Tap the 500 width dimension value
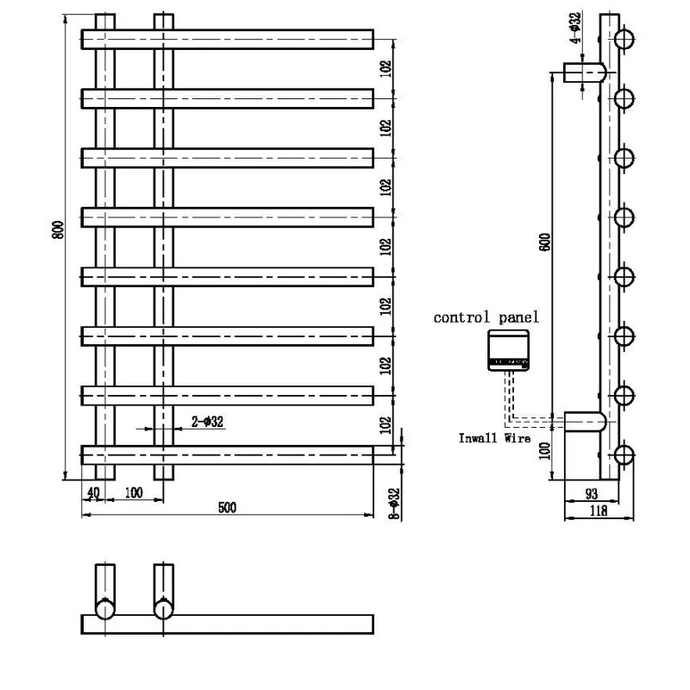227,507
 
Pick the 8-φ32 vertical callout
393,503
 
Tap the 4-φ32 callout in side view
575,27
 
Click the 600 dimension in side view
544,243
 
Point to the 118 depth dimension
598,511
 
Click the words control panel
486,317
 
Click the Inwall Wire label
493,437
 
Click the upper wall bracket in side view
584,72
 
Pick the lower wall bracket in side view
584,423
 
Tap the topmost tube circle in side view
625,38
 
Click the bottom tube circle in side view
625,455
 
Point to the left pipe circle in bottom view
104,609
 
